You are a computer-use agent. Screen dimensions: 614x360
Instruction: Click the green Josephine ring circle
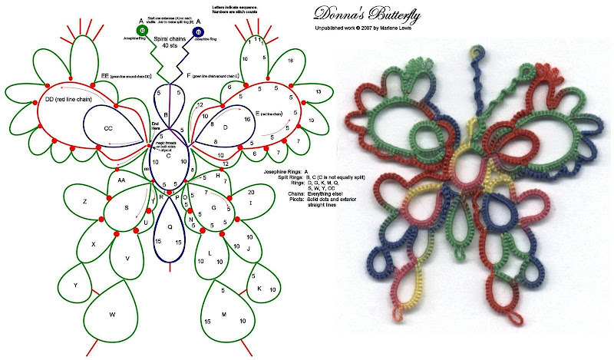pyautogui.click(x=141, y=30)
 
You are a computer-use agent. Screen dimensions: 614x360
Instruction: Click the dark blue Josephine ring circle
pyautogui.click(x=199, y=32)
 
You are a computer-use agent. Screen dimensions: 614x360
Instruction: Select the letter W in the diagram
pyautogui.click(x=113, y=314)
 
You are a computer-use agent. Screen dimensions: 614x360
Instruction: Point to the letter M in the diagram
pyautogui.click(x=224, y=315)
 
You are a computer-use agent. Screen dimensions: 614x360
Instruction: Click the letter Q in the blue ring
pyautogui.click(x=169, y=227)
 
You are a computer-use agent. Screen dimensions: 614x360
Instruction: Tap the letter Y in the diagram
pyautogui.click(x=75, y=285)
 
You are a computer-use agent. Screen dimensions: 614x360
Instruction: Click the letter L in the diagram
pyautogui.click(x=210, y=253)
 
